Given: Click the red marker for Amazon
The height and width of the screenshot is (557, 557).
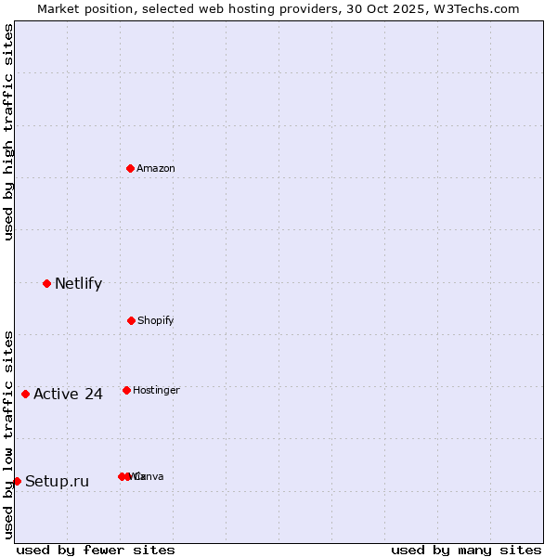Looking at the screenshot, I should tap(131, 168).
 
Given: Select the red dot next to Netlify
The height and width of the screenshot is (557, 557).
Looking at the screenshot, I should tap(46, 283).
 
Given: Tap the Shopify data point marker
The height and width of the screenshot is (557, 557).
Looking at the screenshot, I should tap(131, 320).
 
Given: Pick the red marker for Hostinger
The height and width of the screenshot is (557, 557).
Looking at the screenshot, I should tap(126, 390).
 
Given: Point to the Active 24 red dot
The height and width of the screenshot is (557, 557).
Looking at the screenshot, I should tap(25, 394).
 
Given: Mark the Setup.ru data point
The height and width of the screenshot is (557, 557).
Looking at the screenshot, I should tap(17, 481).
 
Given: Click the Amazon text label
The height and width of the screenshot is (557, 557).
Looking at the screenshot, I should tap(156, 168).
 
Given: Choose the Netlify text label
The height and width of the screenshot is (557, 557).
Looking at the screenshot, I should tap(78, 284).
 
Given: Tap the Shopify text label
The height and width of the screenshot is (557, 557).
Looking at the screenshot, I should tap(156, 321).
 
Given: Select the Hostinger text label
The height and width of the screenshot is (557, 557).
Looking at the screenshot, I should tap(156, 391).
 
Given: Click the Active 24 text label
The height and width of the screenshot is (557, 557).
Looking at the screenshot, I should tap(68, 395).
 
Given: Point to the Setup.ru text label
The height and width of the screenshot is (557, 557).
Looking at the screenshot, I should tap(57, 482).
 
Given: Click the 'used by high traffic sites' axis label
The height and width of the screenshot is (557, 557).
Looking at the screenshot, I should tap(8, 132).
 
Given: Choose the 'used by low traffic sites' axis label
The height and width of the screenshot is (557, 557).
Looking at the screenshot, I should tap(8, 434).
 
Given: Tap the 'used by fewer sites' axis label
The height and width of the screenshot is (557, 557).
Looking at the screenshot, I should tap(96, 550).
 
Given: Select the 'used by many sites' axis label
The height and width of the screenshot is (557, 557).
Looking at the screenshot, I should tap(466, 550).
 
